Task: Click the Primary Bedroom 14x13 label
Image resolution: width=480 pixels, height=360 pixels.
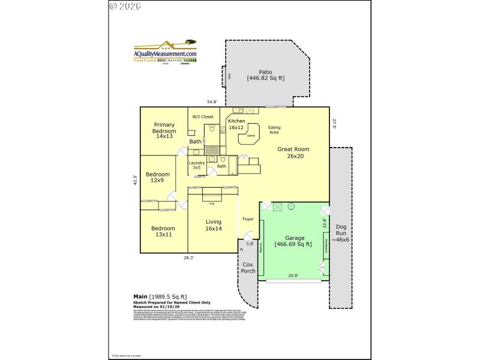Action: coord(164,131)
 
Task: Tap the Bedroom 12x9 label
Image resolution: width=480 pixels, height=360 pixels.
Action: coord(158,177)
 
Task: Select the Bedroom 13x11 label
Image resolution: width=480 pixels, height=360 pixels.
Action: coord(163,231)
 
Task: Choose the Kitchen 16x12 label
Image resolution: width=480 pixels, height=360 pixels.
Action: coord(236,124)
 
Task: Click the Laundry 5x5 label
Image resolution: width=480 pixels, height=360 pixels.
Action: coord(196,165)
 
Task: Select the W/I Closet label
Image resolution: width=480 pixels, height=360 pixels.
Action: coord(203,116)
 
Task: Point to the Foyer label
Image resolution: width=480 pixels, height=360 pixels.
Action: coord(248,219)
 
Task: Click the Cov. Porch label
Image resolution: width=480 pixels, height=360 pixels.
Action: coord(249,268)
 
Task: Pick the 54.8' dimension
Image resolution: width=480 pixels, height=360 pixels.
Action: coord(212,102)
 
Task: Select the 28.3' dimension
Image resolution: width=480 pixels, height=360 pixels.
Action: coord(188,257)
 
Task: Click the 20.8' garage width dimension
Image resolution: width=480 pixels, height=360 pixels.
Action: coord(293,275)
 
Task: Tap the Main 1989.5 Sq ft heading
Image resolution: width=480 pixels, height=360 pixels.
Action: coord(160,296)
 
